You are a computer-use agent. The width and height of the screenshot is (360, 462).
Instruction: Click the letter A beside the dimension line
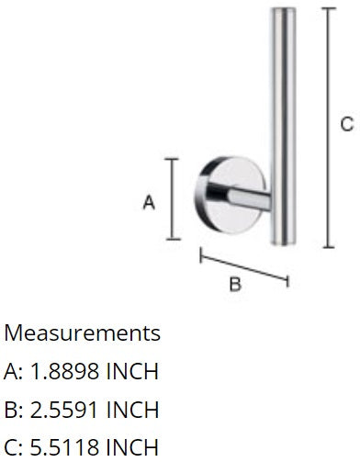coord(149,203)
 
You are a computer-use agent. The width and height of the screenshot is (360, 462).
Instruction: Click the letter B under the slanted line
coord(235,284)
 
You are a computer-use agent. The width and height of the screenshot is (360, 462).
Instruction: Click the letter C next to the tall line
coord(347,125)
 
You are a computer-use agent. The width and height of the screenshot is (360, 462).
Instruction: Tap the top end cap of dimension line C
coord(329,8)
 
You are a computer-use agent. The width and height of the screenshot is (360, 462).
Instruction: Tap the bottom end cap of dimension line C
coord(329,247)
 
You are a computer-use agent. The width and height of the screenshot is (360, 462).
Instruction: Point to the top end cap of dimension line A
coord(172,159)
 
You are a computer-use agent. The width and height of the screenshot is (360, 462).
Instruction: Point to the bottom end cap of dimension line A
coord(173,239)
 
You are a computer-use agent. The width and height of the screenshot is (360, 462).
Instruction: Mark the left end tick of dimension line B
coord(201,255)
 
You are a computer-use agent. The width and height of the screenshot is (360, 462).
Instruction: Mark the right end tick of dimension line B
coord(287,280)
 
